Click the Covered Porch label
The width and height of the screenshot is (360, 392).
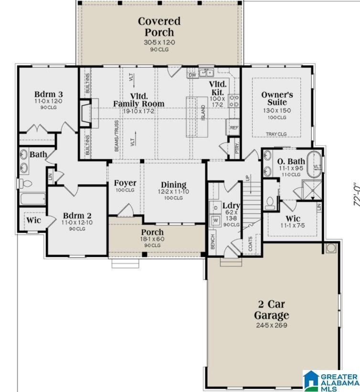pos(159,27)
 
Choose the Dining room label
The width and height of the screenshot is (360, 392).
pos(173,185)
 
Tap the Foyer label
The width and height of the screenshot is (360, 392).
pos(125,183)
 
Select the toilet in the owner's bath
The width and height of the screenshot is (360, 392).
pos(271,203)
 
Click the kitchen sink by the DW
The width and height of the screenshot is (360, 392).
pos(206,73)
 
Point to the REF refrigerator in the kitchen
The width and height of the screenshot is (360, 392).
pos(234,127)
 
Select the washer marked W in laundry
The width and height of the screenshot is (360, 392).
pos(215,221)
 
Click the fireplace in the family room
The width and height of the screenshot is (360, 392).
pos(86,113)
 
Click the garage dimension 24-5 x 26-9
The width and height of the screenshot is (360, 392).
pos(271,326)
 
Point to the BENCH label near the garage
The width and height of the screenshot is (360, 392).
pos(212,241)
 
